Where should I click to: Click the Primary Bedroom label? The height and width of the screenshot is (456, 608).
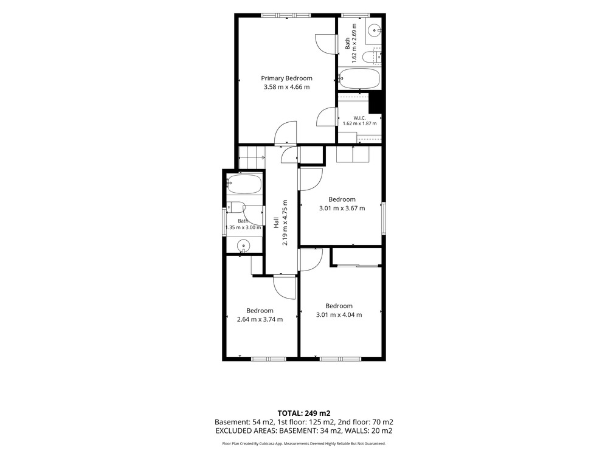(286, 78)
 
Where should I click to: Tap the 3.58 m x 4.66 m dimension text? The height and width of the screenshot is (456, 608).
(286, 87)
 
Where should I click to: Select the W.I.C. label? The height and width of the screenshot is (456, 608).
(359, 118)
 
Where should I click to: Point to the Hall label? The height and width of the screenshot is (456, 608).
(277, 223)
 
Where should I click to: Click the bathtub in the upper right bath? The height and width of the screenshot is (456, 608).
(359, 78)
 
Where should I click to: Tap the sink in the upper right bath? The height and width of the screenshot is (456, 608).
(375, 29)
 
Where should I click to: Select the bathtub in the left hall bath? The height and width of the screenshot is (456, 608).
(244, 184)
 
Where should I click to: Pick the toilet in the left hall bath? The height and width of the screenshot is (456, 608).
(235, 207)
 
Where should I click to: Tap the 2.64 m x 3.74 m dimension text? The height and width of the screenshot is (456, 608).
(260, 320)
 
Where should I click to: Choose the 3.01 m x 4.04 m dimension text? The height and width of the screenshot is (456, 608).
(339, 315)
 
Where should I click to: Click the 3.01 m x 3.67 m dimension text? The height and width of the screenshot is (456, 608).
(342, 208)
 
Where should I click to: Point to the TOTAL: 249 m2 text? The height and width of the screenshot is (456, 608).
(303, 413)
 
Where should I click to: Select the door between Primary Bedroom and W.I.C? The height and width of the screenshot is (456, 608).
(326, 117)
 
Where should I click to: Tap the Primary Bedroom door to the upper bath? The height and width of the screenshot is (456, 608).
(325, 44)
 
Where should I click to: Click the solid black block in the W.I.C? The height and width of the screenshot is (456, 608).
(375, 102)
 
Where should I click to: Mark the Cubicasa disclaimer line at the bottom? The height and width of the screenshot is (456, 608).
(303, 444)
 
